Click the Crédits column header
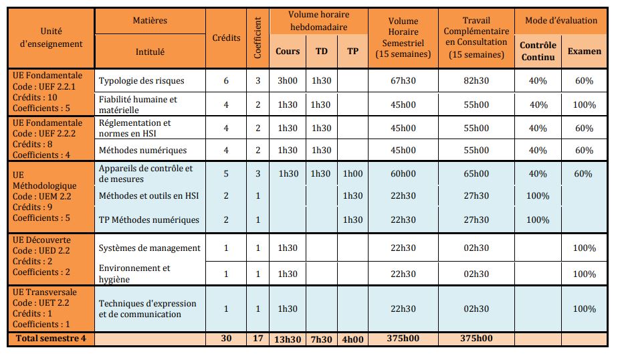226,38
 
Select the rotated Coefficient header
257,38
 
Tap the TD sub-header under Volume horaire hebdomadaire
321,52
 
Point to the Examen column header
584,51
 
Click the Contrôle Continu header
538,51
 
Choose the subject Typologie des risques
141,81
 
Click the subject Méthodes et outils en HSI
150,195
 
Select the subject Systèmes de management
150,248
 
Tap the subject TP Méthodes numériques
149,219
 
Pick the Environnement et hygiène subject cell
134,274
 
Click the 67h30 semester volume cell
403,81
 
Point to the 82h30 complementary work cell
476,81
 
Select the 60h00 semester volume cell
403,173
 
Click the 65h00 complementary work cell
476,173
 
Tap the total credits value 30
226,339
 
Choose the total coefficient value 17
257,339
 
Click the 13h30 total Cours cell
288,339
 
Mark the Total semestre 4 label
51,339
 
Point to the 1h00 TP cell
352,173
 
